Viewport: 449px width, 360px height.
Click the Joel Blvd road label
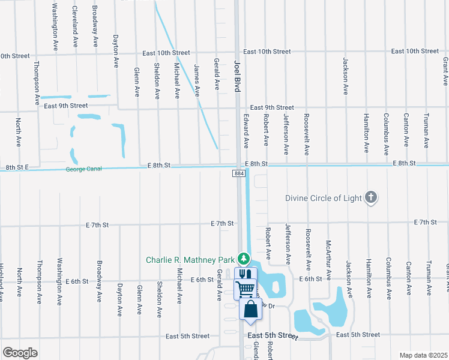(x=237, y=75)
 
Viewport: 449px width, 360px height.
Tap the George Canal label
(x=84, y=169)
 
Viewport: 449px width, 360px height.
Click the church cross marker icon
(x=372, y=197)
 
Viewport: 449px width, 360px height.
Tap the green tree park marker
(x=243, y=258)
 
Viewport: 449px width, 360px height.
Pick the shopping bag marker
(x=251, y=310)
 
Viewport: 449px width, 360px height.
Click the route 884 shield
(x=238, y=173)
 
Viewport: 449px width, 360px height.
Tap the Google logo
(x=20, y=353)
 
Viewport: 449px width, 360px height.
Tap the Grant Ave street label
(x=445, y=70)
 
